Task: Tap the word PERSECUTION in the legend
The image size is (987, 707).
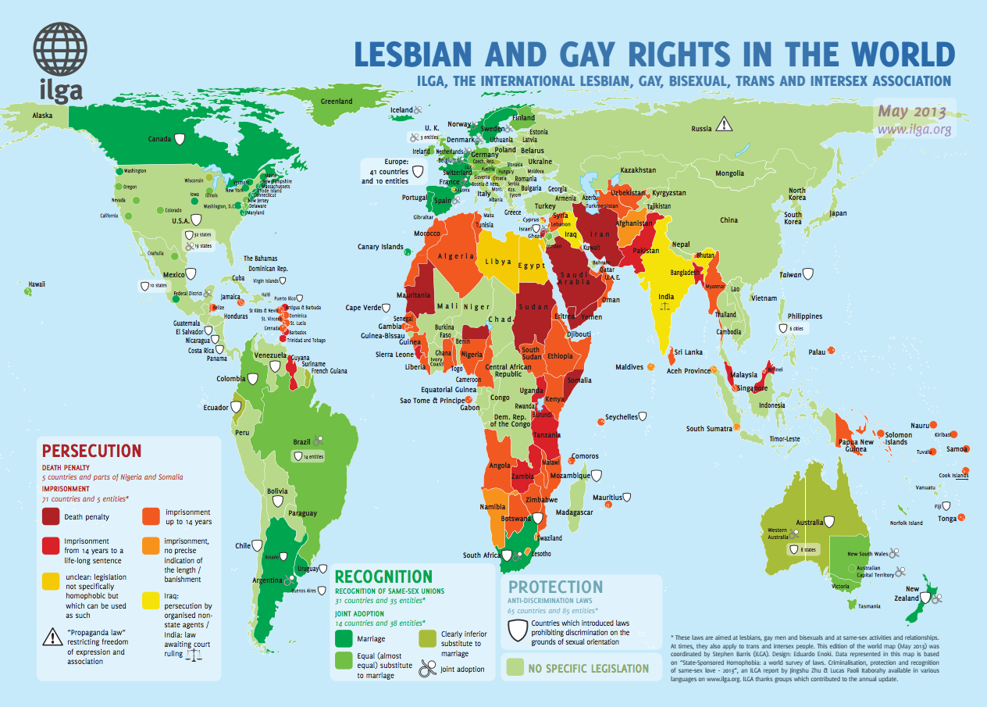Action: click(91, 451)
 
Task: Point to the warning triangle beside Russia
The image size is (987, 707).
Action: click(725, 123)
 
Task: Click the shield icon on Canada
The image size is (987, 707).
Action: click(180, 139)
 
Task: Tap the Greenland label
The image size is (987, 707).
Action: click(337, 102)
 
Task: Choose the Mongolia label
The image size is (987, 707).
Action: click(730, 173)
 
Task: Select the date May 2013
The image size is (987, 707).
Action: click(911, 111)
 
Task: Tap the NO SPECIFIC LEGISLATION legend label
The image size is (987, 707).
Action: click(588, 669)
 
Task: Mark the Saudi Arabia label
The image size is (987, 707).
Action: click(579, 278)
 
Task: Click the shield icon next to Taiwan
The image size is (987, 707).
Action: click(809, 274)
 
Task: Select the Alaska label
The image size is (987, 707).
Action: click(42, 115)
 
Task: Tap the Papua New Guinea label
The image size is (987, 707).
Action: click(856, 445)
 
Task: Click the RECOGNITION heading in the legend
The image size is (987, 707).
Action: click(383, 577)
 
